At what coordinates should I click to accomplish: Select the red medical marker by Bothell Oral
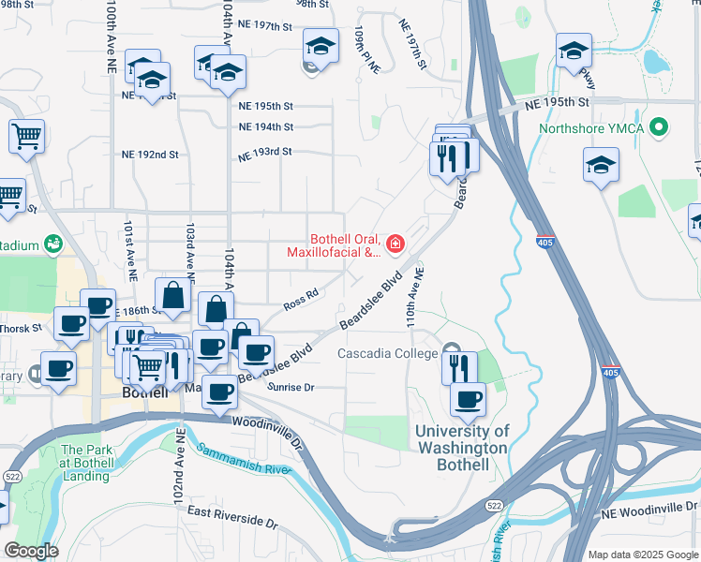(x=395, y=245)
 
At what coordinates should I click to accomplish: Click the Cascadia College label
(x=387, y=354)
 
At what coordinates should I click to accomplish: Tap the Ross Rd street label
(x=302, y=300)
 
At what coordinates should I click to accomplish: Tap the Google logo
(x=30, y=550)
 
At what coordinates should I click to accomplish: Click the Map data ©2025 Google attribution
(x=643, y=555)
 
